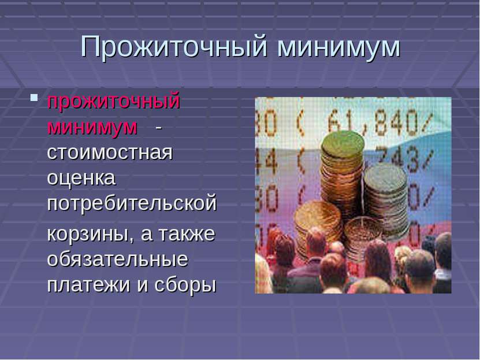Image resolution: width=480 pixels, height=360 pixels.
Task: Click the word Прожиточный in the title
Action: click(174, 47)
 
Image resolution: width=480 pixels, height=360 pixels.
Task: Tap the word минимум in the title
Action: click(339, 49)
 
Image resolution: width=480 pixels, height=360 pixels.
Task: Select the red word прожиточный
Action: click(114, 102)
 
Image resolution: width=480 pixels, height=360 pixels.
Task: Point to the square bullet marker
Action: click(34, 98)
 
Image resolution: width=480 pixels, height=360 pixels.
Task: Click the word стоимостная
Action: click(110, 153)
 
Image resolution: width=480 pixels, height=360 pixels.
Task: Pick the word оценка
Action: click(81, 177)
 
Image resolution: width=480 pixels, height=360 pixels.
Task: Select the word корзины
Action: click(88, 235)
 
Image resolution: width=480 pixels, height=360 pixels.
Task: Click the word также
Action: click(187, 233)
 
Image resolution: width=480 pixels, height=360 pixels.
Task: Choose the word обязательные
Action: click(118, 259)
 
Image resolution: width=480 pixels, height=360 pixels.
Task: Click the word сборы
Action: click(185, 285)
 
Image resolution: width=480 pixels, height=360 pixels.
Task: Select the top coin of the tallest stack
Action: click(343, 144)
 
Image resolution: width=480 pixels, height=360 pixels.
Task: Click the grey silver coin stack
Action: click(386, 199)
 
